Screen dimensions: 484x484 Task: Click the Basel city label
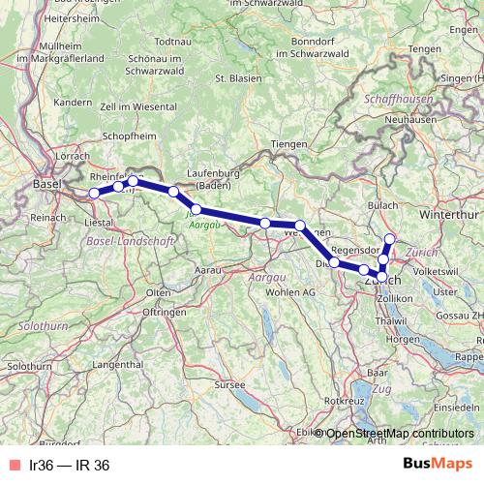(x=45, y=184)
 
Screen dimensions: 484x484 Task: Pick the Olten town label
(x=157, y=291)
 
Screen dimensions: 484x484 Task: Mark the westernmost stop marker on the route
(x=95, y=194)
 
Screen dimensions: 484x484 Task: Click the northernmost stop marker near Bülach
(x=390, y=238)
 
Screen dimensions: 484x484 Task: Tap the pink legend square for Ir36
(x=12, y=466)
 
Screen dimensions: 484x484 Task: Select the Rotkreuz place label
(x=344, y=399)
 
